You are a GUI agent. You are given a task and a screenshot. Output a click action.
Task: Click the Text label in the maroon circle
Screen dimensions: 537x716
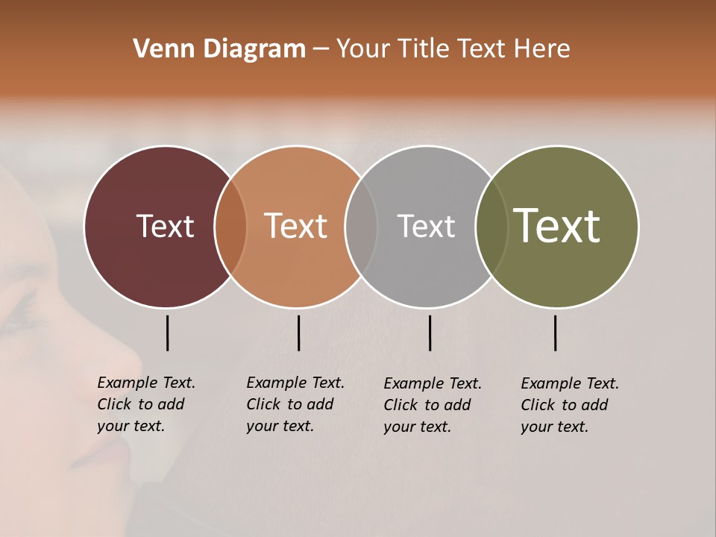pos(165,226)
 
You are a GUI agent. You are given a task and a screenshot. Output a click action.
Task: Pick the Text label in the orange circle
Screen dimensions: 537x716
pos(296,226)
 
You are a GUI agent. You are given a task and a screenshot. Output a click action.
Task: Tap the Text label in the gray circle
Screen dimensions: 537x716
pos(426,226)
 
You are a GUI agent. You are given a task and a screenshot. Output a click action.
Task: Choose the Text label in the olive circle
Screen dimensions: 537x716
pos(557,226)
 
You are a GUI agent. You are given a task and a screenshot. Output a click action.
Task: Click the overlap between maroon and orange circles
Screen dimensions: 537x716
pos(230,226)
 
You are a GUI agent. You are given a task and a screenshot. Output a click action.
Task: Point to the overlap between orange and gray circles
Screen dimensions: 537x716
pos(361,226)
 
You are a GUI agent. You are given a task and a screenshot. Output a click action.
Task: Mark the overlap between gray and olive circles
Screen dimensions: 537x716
pos(492,226)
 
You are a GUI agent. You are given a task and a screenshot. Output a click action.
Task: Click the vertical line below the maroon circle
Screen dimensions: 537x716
pos(167,333)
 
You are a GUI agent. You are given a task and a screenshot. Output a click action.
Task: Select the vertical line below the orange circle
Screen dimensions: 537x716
pos(298,333)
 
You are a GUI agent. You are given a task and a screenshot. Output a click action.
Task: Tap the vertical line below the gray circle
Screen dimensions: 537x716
pos(430,333)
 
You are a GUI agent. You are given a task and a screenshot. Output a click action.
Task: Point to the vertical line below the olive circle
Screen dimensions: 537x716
pos(555,333)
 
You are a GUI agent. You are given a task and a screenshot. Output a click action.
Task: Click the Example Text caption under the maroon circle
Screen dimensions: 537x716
pos(145,404)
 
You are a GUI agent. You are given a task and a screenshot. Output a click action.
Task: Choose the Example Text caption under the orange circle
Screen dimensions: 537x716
pos(295,404)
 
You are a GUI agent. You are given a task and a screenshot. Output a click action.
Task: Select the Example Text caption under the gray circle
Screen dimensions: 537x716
pos(432,405)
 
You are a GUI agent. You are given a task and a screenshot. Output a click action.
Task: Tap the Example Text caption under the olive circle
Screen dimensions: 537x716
pos(569,405)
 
